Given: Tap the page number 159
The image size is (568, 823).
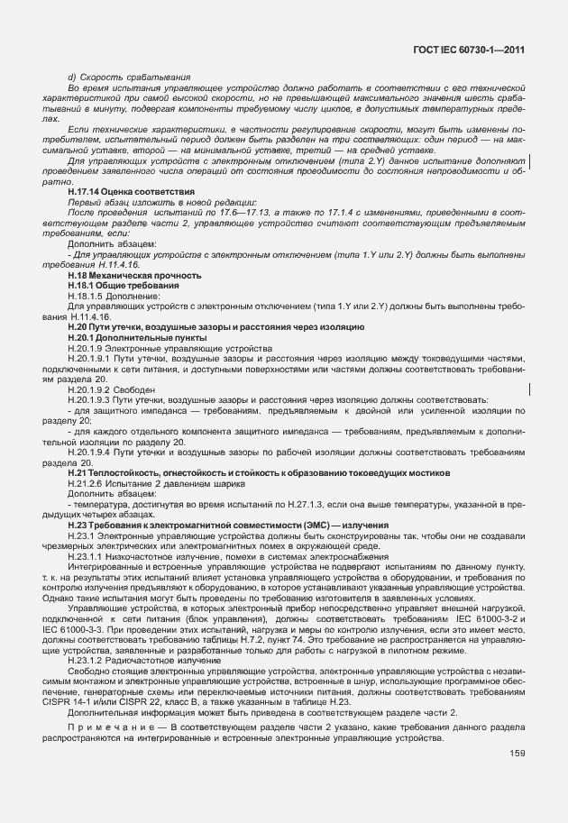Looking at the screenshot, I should (517, 754).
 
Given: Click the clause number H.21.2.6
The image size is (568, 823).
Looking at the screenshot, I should (84, 483).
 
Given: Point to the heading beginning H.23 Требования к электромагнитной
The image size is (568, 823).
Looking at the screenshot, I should (228, 525).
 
